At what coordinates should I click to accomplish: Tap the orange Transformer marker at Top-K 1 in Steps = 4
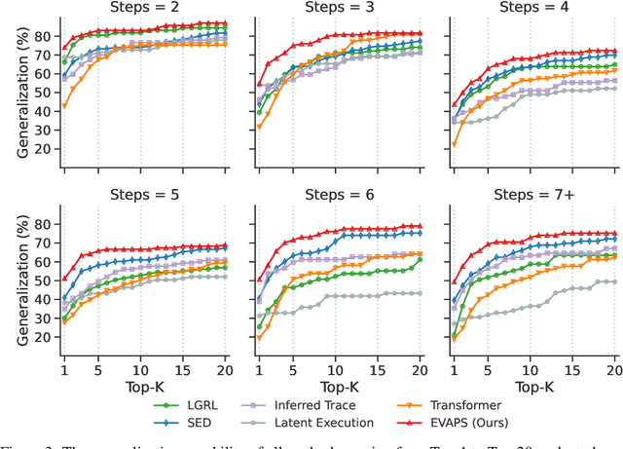point(454,144)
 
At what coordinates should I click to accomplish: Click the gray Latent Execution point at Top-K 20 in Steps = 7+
point(614,281)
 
